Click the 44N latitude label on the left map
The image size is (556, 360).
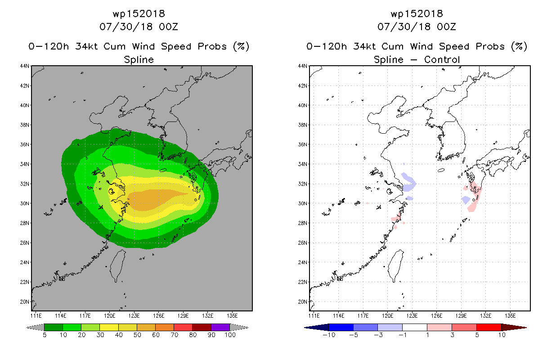[25, 66]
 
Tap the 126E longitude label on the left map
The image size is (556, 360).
[159, 316]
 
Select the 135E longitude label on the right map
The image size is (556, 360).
[510, 316]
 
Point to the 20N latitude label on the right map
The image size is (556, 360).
[303, 302]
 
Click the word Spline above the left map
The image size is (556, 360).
[139, 59]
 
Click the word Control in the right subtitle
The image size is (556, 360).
[442, 59]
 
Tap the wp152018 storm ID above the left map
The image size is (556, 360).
[139, 13]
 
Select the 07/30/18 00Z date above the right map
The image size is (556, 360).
[417, 27]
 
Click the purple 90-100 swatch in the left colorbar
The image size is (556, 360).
[220, 327]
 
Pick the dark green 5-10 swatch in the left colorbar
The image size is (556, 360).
[54, 327]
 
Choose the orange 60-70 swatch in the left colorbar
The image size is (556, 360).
[165, 327]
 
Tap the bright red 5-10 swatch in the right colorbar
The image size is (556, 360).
[489, 327]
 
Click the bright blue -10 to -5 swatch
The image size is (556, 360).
[341, 327]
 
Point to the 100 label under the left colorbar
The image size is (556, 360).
[230, 335]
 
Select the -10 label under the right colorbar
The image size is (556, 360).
[329, 335]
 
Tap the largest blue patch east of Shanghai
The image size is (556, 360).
[408, 183]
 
